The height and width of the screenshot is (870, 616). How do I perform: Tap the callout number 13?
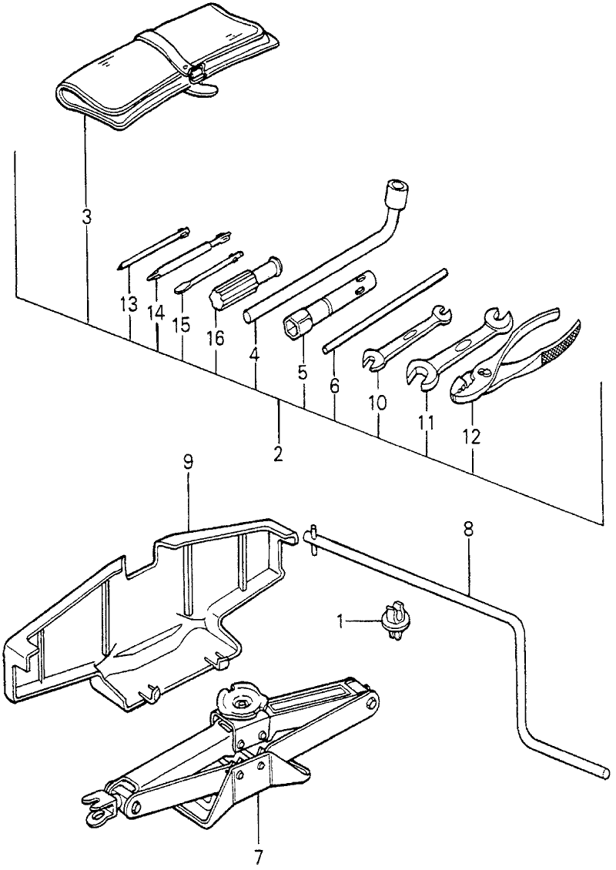click(x=129, y=304)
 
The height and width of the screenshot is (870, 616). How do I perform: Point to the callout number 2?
click(x=278, y=453)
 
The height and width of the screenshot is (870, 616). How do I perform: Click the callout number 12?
click(x=471, y=437)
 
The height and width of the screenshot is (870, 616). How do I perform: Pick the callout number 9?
click(x=188, y=463)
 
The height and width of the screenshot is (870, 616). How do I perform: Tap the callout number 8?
click(x=468, y=530)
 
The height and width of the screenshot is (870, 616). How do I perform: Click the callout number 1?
click(x=341, y=618)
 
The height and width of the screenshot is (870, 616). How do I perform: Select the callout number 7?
click(x=259, y=854)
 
